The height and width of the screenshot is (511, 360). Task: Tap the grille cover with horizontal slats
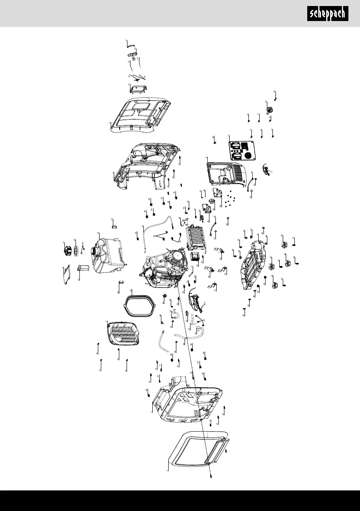click(x=123, y=333)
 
